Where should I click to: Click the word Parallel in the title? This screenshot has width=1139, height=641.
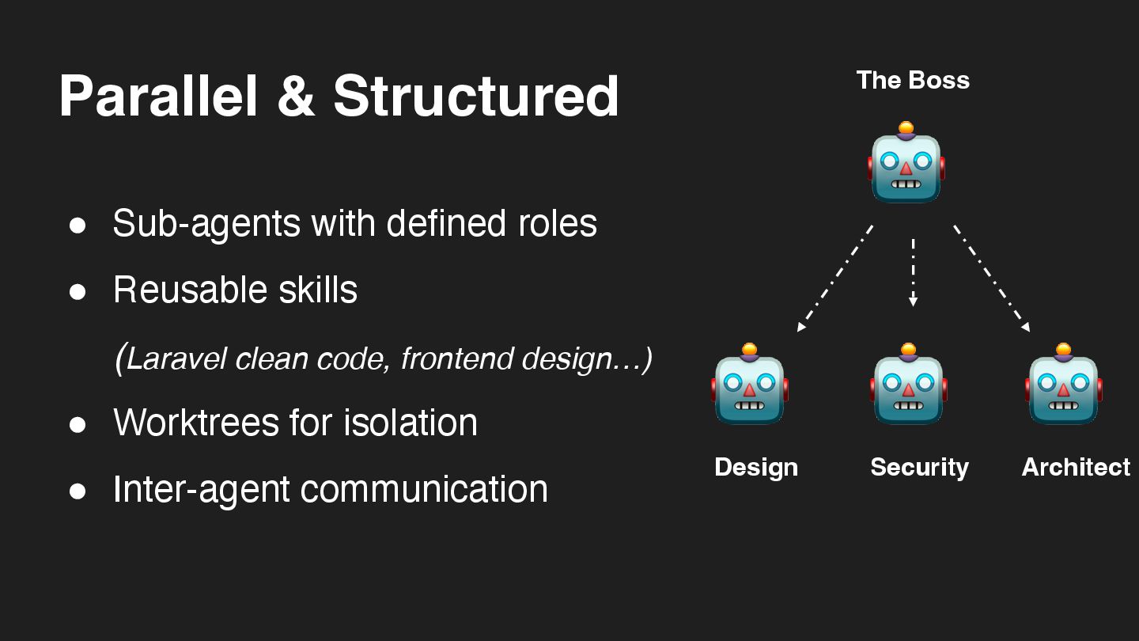tap(158, 97)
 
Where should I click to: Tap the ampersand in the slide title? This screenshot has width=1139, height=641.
tap(296, 97)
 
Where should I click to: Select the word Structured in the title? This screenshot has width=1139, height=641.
tap(476, 97)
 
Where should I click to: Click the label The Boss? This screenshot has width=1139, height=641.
tap(913, 80)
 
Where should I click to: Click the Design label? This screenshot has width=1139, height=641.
tap(756, 467)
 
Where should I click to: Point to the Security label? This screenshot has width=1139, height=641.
tap(919, 467)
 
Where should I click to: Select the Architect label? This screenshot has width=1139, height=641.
tap(1076, 467)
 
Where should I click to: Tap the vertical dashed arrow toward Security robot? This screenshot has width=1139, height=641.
tap(913, 271)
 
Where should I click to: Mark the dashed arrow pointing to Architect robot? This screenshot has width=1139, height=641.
tap(991, 278)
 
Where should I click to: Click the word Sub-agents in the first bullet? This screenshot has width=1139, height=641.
tap(206, 223)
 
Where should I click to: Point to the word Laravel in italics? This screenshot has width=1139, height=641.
tap(176, 358)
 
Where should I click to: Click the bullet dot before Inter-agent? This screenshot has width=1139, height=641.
tap(78, 491)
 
